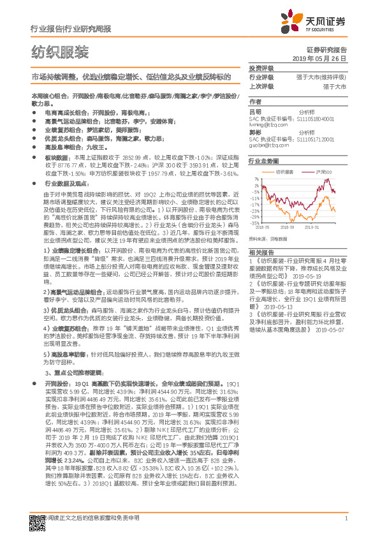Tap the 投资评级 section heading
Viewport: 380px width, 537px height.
[261, 68]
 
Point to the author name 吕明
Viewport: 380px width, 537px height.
[254, 111]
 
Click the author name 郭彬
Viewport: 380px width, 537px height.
[254, 133]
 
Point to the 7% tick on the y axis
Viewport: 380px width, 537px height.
[256, 179]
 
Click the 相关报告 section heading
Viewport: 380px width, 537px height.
[261, 252]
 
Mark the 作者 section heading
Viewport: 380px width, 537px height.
[255, 101]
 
